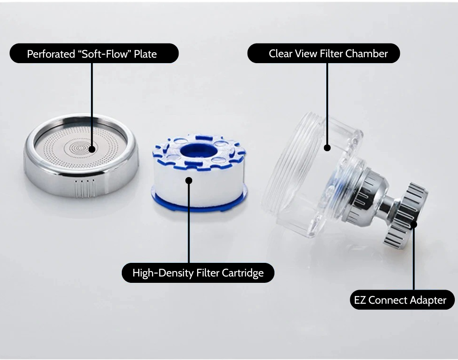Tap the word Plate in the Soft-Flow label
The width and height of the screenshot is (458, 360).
point(145,54)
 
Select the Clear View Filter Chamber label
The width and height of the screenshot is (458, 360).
point(324,54)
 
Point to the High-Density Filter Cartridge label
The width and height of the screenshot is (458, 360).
point(198,273)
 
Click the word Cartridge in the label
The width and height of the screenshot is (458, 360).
point(243,273)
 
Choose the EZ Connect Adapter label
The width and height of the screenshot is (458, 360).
point(402,300)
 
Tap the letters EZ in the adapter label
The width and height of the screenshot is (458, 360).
point(360,300)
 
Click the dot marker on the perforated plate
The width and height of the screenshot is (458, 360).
point(92,148)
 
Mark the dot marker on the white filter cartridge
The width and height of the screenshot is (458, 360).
point(189,180)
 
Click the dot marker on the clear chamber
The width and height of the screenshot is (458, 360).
point(327,147)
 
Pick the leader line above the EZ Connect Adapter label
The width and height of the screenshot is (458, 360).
point(413,259)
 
